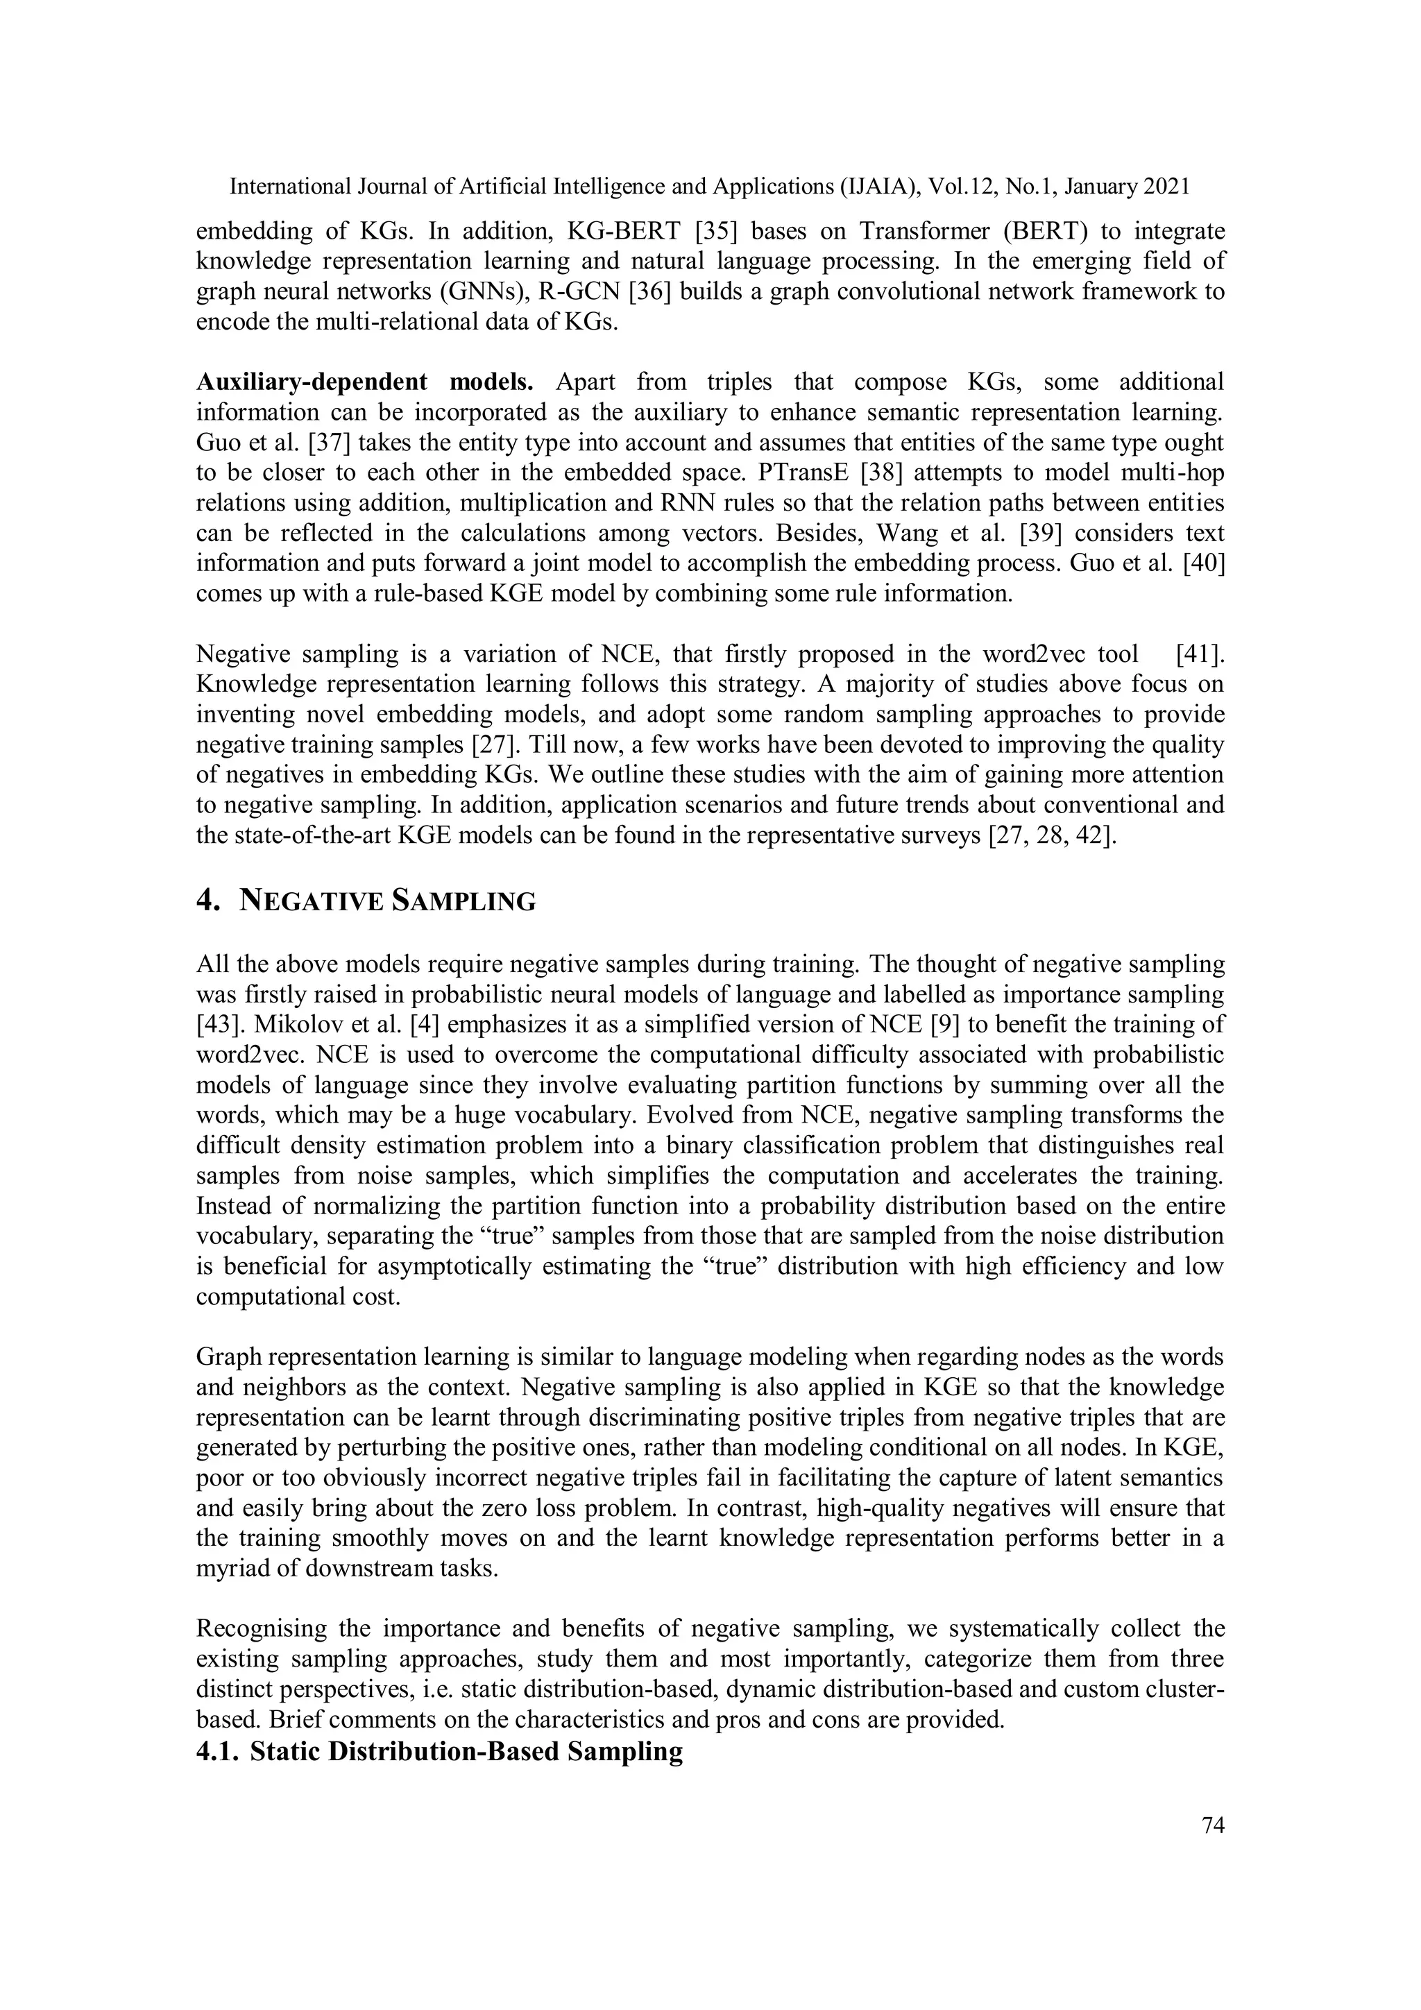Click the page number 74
pos(1213,1825)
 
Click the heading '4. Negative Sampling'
pos(365,901)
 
